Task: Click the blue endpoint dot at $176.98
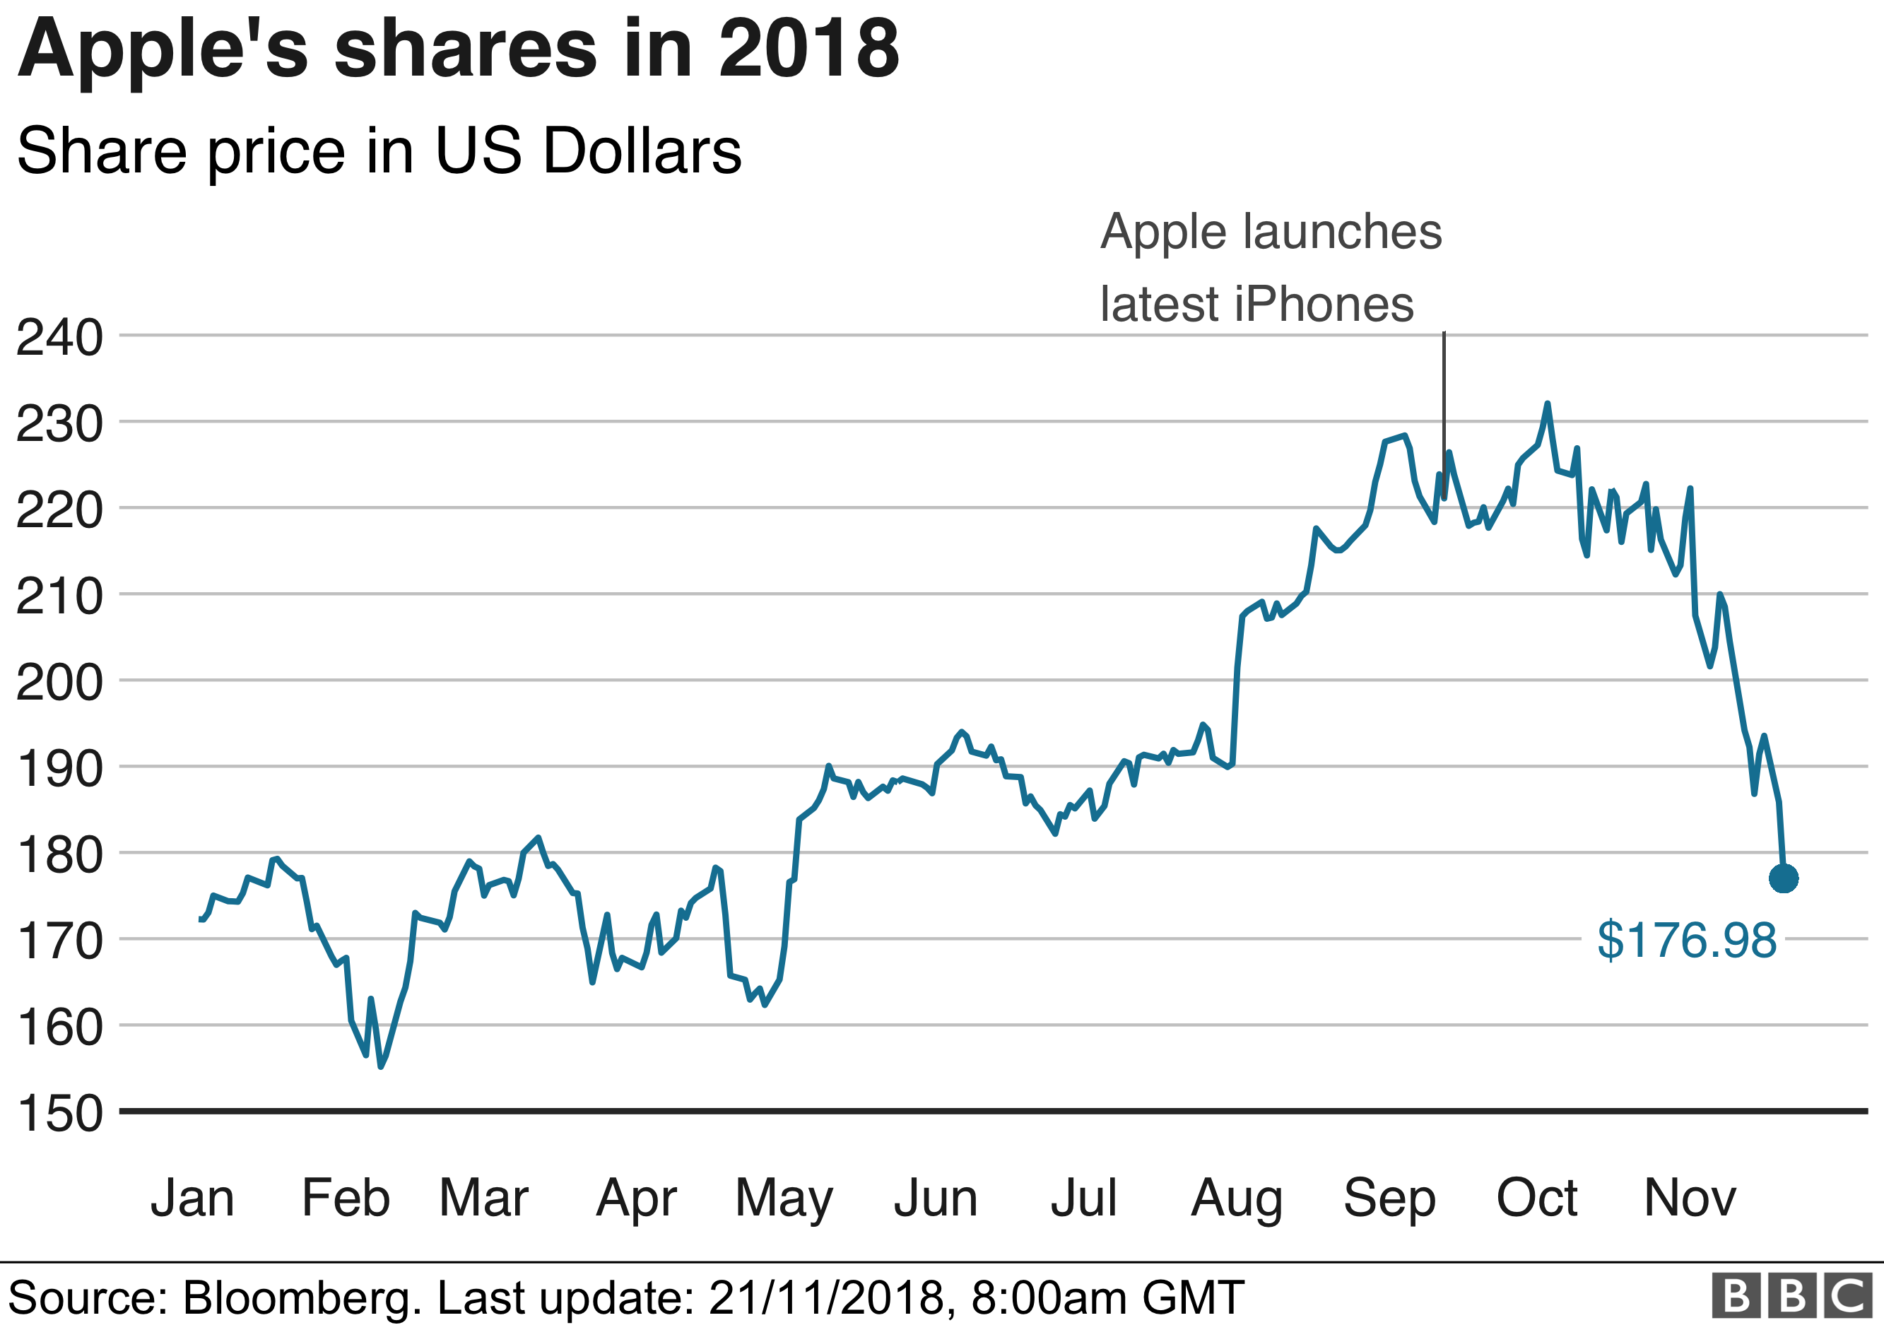point(1783,878)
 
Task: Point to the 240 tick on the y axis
point(59,336)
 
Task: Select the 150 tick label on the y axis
point(59,1113)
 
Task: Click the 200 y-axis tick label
point(59,682)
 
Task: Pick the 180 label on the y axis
point(59,854)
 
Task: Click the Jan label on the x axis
point(192,1198)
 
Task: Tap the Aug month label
point(1237,1198)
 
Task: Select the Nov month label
point(1690,1198)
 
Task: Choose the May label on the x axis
point(784,1199)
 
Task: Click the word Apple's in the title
point(163,51)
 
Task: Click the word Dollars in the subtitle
point(642,151)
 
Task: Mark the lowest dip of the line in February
point(381,1066)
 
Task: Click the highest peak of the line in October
point(1548,404)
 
